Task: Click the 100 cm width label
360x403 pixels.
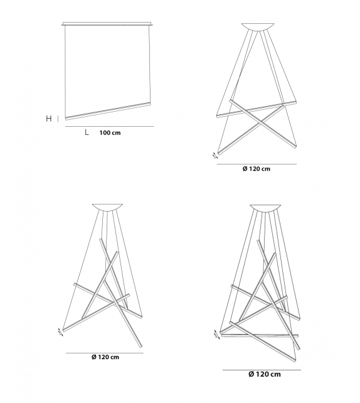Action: pyautogui.click(x=110, y=133)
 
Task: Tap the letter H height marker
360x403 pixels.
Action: pyautogui.click(x=48, y=118)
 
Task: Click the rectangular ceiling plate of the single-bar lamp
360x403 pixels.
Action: pyautogui.click(x=107, y=25)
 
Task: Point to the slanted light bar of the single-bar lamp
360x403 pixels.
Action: pyautogui.click(x=108, y=108)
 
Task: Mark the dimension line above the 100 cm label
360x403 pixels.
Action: pyautogui.click(x=109, y=127)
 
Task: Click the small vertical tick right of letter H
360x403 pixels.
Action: pyautogui.click(x=58, y=118)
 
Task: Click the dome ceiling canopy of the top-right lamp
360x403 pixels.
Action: pyautogui.click(x=257, y=26)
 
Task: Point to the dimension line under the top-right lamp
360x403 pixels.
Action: pyautogui.click(x=257, y=164)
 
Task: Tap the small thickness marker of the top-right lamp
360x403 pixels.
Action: pyautogui.click(x=216, y=153)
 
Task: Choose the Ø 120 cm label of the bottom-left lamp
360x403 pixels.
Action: pyautogui.click(x=105, y=357)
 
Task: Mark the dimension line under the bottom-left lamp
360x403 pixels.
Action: pyautogui.click(x=105, y=352)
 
